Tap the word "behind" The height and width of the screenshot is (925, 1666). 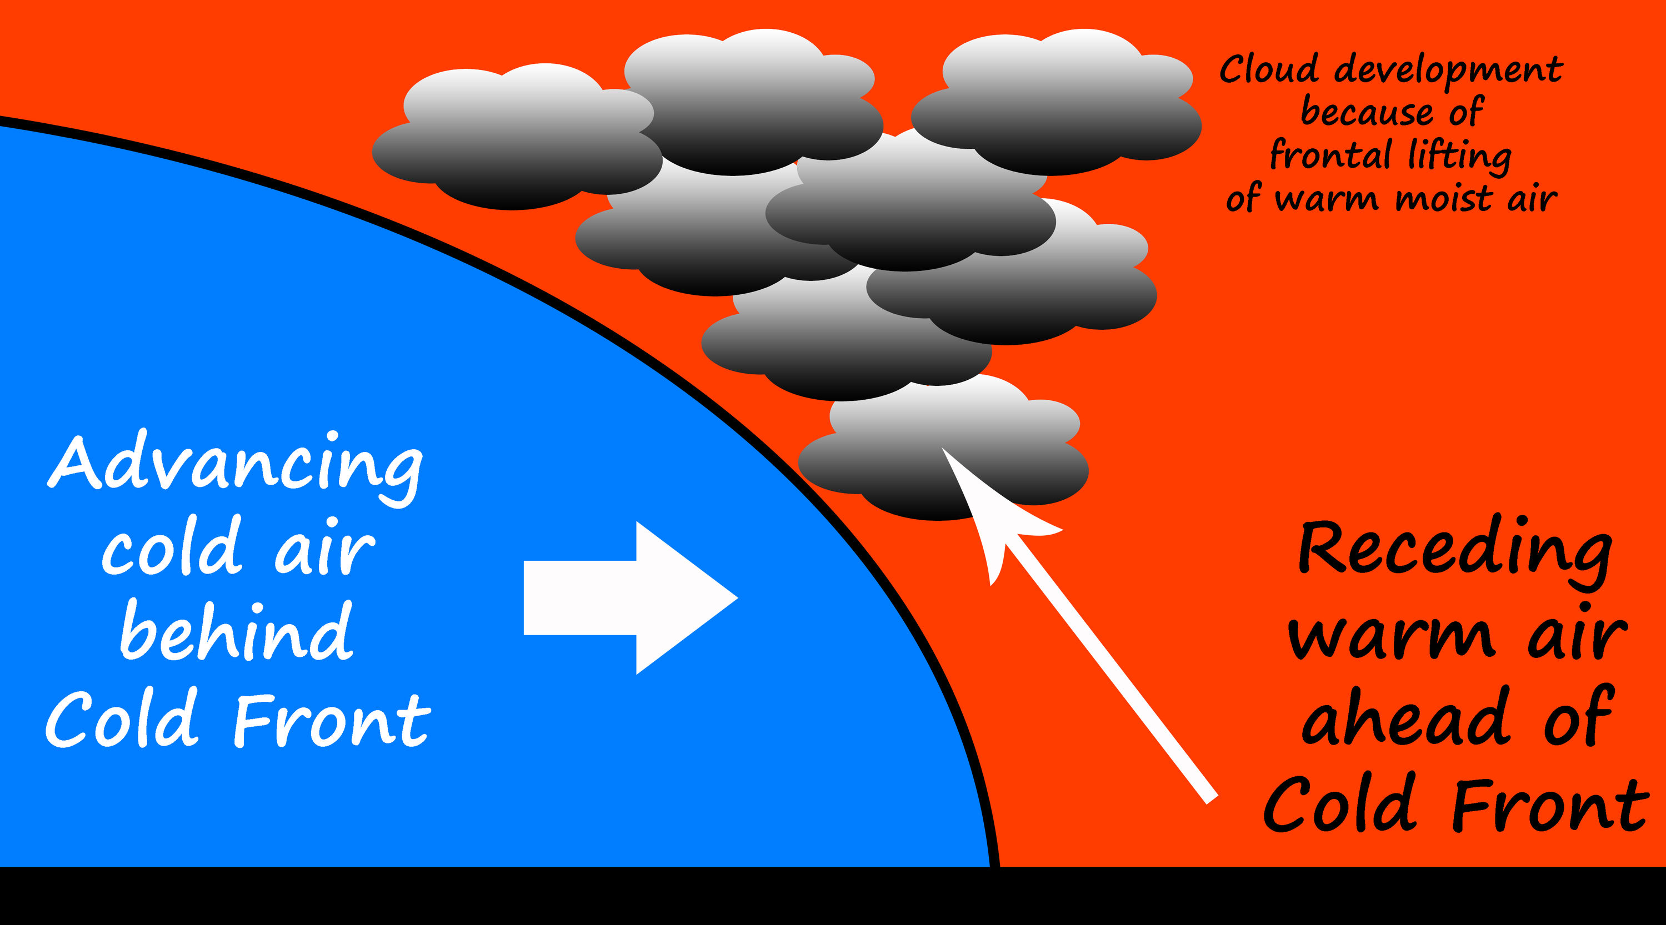pos(237,632)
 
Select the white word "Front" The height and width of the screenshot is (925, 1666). pos(331,719)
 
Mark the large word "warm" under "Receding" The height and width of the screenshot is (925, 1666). pos(1390,637)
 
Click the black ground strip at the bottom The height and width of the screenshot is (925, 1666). pos(833,897)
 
